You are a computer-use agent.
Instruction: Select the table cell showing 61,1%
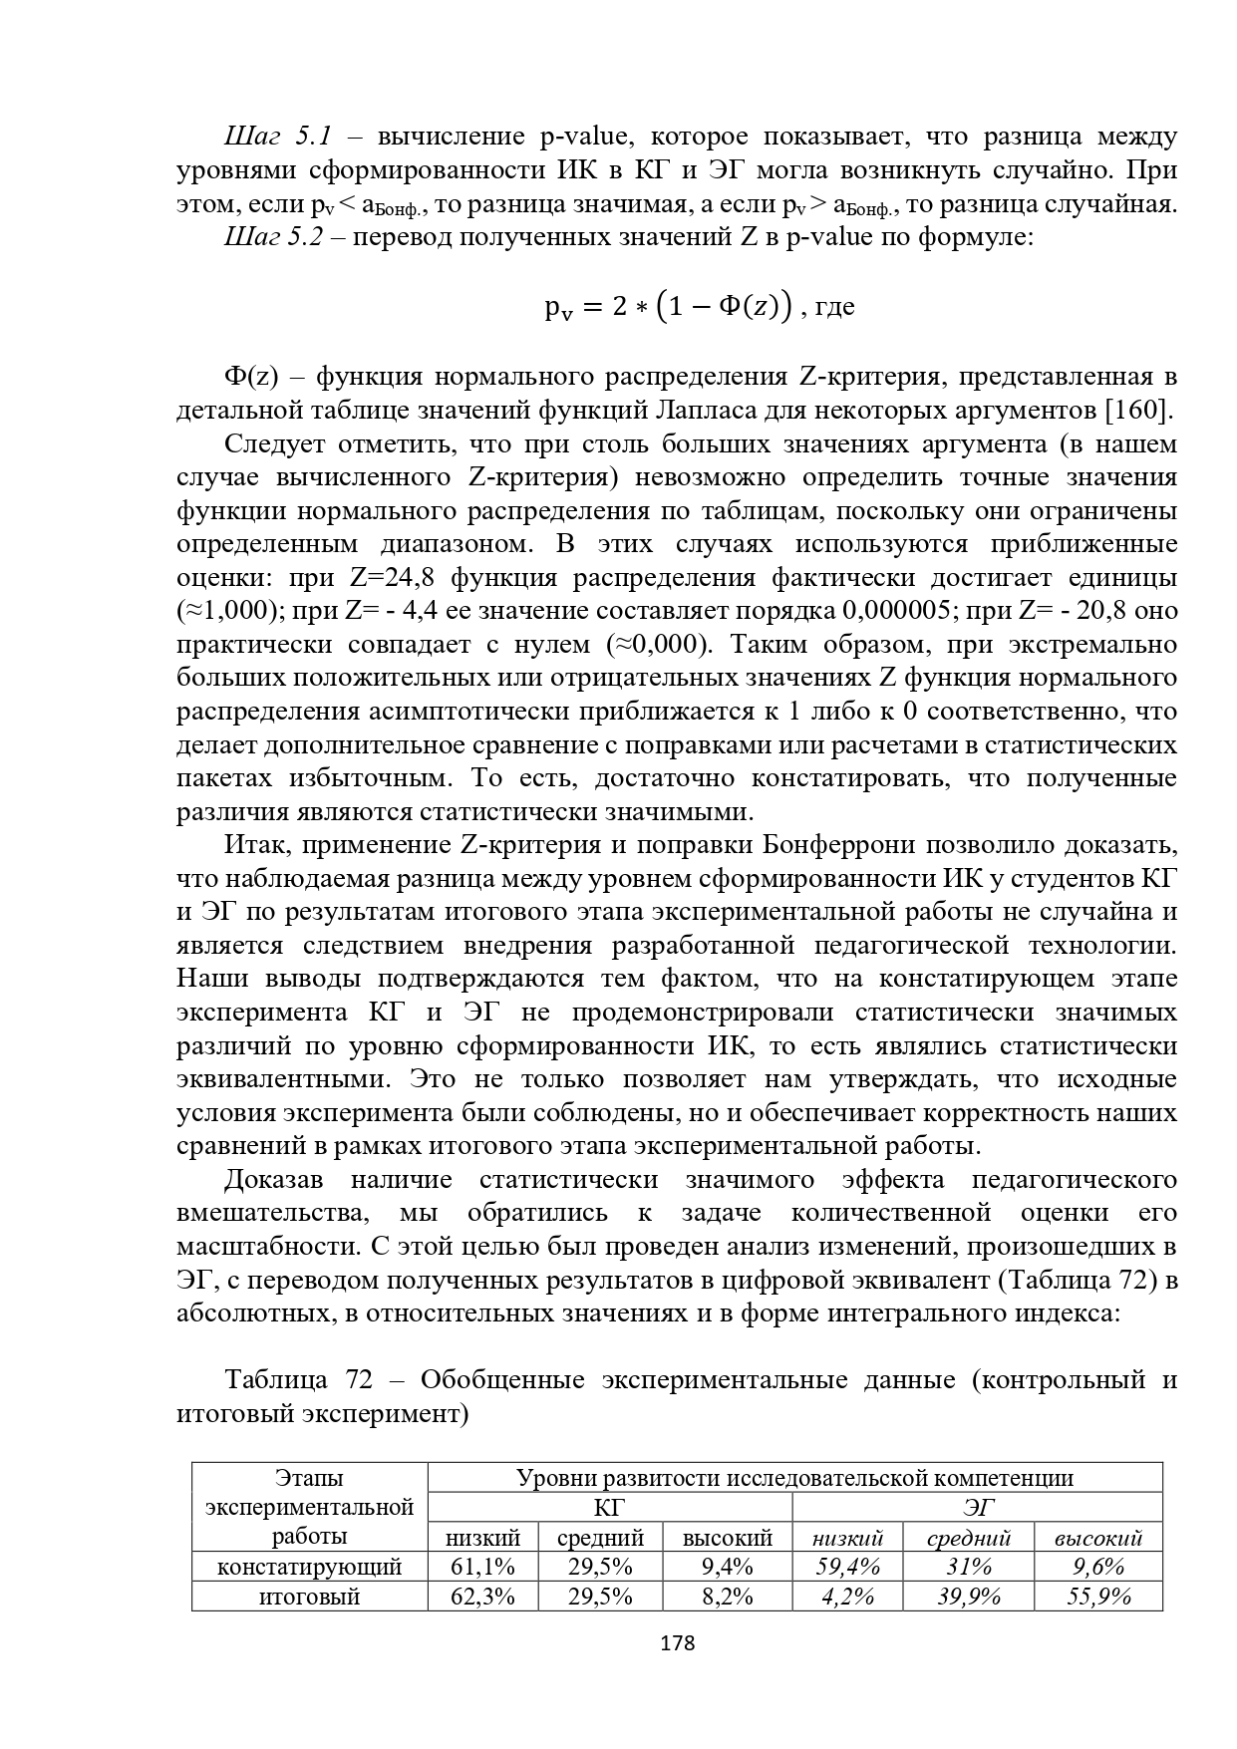pyautogui.click(x=482, y=1567)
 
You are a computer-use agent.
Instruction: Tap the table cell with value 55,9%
pyautogui.click(x=1097, y=1597)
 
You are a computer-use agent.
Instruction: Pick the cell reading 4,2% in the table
pyautogui.click(x=847, y=1597)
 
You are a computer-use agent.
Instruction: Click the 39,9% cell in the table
pyautogui.click(x=969, y=1597)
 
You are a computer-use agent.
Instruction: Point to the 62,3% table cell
pyautogui.click(x=482, y=1597)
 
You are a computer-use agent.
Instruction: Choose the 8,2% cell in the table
pyautogui.click(x=727, y=1597)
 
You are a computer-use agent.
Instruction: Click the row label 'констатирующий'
pyautogui.click(x=309, y=1567)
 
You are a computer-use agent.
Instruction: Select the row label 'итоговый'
pyautogui.click(x=309, y=1597)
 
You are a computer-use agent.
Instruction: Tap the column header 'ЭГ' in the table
pyautogui.click(x=977, y=1507)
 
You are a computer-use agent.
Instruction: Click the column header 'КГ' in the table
pyautogui.click(x=609, y=1507)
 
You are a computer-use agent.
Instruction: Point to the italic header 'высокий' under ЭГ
pyautogui.click(x=1097, y=1538)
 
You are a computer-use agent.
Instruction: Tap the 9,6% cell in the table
pyautogui.click(x=1097, y=1567)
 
